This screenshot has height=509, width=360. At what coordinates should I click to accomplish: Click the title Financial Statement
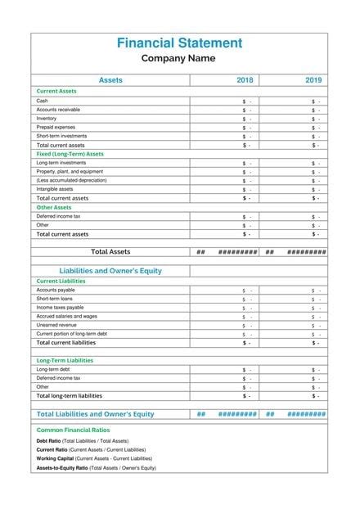[x=179, y=43]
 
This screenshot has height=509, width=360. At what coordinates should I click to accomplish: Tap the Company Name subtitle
[x=178, y=58]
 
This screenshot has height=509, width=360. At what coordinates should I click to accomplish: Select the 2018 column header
[x=245, y=80]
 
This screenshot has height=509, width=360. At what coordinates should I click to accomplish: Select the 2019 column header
[x=313, y=80]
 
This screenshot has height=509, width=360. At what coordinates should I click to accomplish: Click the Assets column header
[x=110, y=80]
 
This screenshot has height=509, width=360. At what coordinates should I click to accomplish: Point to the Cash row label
[x=43, y=101]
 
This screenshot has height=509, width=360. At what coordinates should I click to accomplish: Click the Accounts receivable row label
[x=58, y=110]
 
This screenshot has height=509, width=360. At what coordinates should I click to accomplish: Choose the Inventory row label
[x=47, y=119]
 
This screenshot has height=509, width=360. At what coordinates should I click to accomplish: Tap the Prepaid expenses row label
[x=56, y=128]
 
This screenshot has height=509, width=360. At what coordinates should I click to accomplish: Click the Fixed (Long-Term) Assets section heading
[x=70, y=154]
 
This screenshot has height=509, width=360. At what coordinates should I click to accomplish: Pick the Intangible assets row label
[x=55, y=189]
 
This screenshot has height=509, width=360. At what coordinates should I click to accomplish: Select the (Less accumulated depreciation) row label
[x=71, y=180]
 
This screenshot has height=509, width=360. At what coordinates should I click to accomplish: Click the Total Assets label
[x=110, y=252]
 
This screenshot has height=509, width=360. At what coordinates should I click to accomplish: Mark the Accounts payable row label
[x=56, y=290]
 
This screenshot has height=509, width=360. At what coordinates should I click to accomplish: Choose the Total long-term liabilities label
[x=70, y=395]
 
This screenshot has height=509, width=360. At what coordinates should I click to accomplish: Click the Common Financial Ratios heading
[x=74, y=430]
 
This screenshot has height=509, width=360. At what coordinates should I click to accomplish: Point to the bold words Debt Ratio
[x=49, y=441]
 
